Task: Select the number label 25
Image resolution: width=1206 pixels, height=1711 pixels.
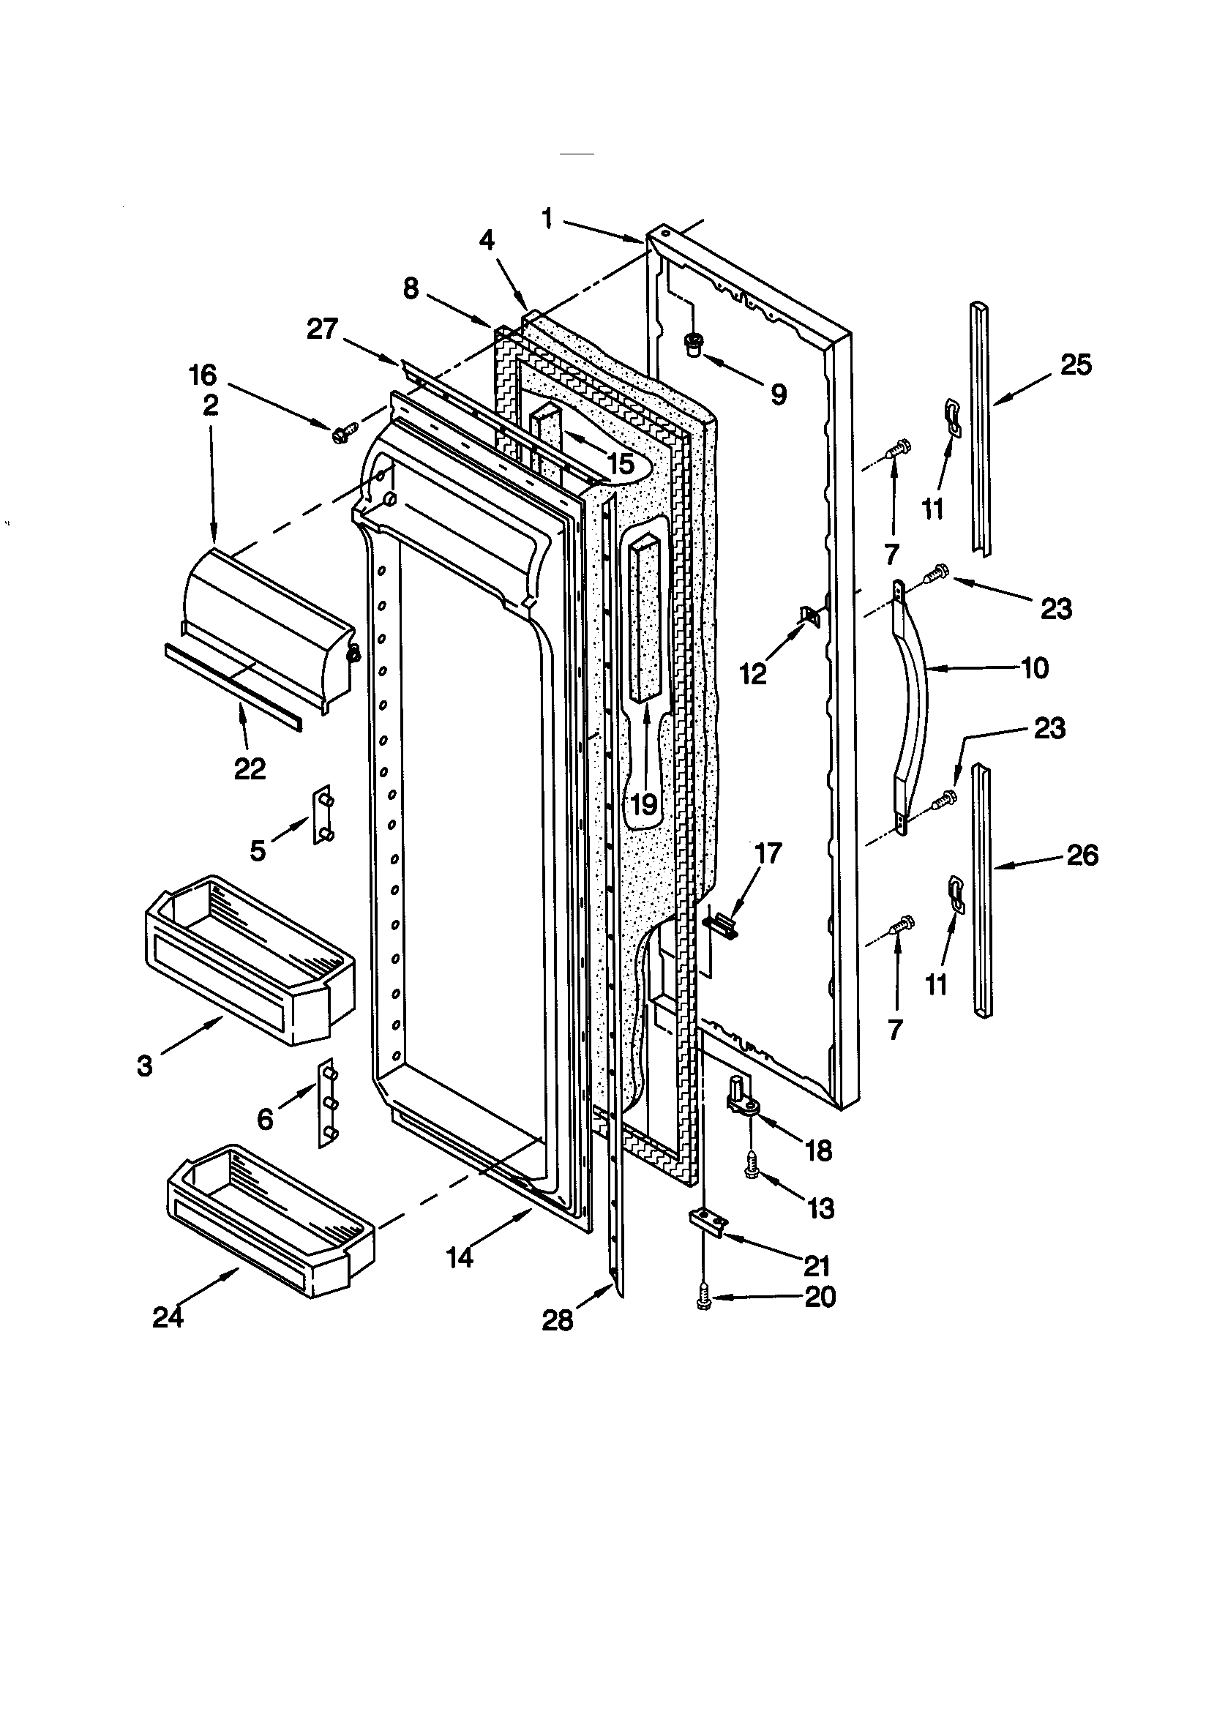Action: coord(1075,364)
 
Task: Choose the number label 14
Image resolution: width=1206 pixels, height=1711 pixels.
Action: coord(460,1258)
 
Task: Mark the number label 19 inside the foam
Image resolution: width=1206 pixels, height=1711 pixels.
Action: coord(644,804)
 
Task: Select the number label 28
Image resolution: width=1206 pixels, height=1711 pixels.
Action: coord(558,1320)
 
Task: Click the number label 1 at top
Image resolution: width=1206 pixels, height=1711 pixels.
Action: coord(548,219)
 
